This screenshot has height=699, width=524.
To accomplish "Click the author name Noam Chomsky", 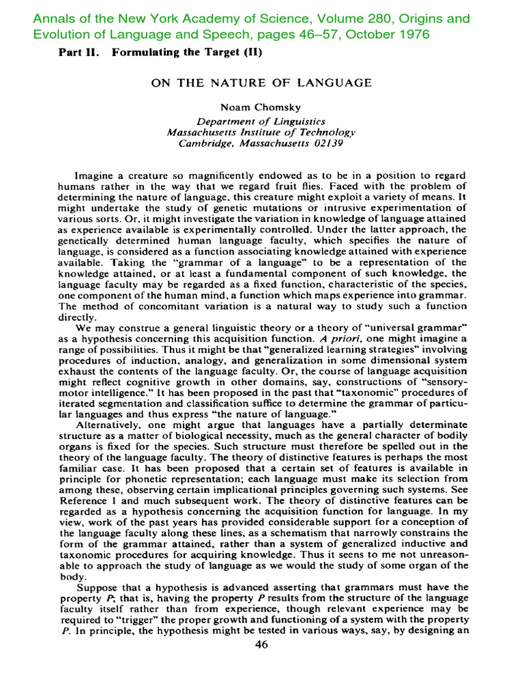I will tap(261, 107).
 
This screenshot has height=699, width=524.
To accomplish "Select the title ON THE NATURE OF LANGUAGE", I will tap(261, 83).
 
